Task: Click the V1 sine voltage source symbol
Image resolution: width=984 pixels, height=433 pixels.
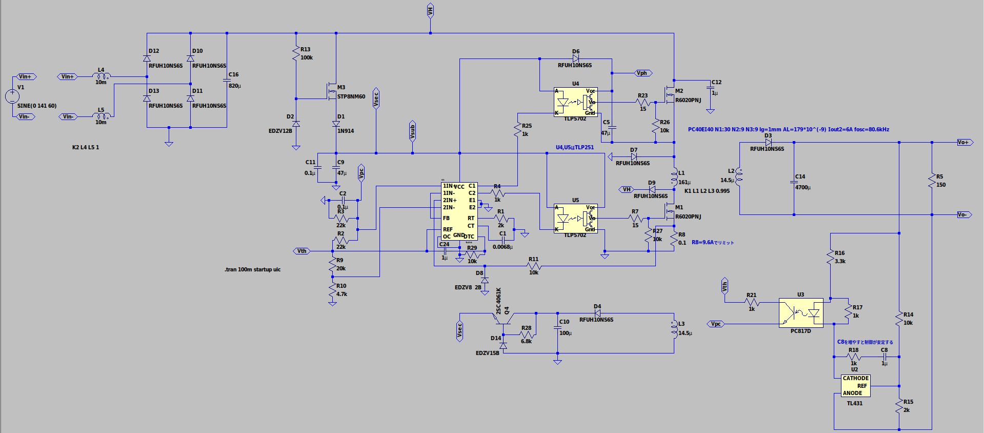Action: [12, 96]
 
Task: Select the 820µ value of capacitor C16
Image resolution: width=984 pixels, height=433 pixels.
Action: [234, 86]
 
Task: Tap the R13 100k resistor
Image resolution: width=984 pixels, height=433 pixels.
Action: [296, 53]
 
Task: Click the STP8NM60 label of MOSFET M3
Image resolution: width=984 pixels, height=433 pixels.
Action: [351, 96]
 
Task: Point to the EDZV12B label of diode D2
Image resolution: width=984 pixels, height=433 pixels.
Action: [280, 131]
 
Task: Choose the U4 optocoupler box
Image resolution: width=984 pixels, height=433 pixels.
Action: [575, 102]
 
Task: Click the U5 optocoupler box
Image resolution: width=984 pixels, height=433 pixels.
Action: [575, 219]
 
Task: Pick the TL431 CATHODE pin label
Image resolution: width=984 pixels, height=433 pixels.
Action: [855, 378]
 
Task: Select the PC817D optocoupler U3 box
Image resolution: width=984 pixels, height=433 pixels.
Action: [801, 312]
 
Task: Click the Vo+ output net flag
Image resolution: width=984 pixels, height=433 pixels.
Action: [963, 142]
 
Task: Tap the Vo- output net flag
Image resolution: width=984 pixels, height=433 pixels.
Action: [963, 214]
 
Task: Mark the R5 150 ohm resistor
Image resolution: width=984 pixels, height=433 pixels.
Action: [932, 181]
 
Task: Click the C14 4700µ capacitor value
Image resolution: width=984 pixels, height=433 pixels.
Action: [802, 187]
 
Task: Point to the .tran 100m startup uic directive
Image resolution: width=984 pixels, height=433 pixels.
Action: [252, 269]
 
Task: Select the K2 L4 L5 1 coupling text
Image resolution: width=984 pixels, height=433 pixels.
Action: [85, 147]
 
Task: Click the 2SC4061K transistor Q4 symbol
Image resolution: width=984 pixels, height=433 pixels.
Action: [503, 319]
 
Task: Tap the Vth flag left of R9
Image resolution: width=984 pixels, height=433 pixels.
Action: [302, 251]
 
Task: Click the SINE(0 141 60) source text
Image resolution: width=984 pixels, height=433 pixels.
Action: [37, 106]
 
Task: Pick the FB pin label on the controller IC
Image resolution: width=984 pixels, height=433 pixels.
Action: [446, 218]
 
